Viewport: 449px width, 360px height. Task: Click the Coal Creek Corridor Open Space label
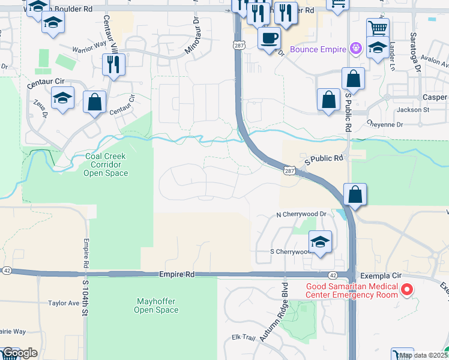[106, 164]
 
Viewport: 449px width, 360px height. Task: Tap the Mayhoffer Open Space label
[156, 305]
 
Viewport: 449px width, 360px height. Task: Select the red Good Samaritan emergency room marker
[407, 290]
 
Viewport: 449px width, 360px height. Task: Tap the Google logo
[19, 353]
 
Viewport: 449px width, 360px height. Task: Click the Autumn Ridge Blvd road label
[274, 312]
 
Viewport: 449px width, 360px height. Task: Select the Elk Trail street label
[244, 337]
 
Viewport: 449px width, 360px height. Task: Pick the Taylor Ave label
[64, 304]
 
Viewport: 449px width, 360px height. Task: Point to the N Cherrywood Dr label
[301, 214]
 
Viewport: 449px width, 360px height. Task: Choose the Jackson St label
[413, 110]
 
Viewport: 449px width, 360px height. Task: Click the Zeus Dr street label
[40, 109]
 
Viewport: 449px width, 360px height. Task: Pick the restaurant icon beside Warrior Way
[113, 64]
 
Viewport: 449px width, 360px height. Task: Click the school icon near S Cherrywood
[320, 242]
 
